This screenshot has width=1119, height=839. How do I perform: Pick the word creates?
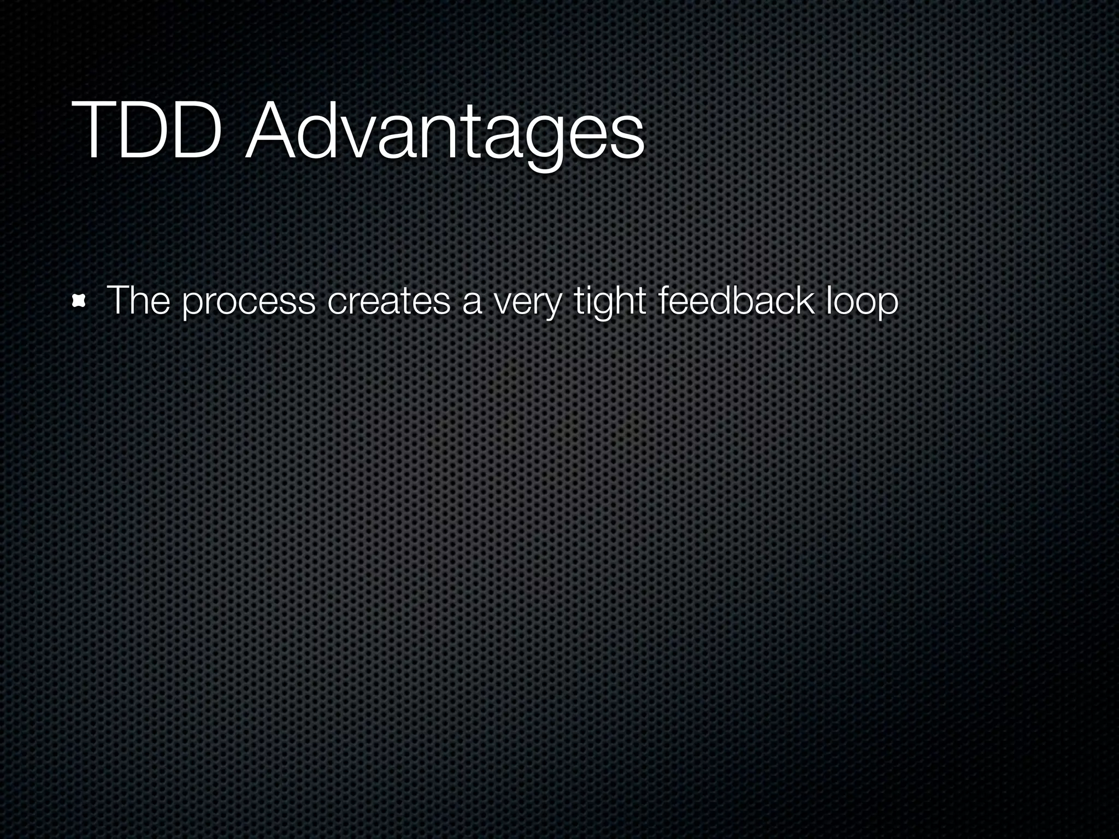(388, 301)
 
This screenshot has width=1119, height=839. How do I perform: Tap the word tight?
(609, 301)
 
